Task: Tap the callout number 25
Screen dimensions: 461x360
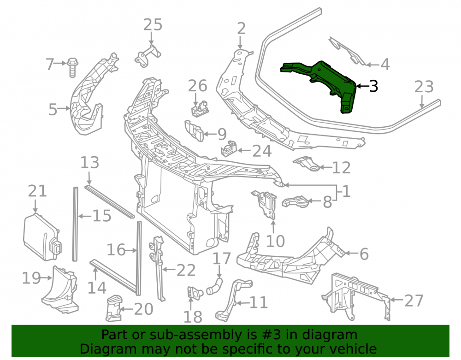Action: click(153, 25)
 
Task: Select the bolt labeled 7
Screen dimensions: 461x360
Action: click(72, 68)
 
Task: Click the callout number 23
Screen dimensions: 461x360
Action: click(424, 87)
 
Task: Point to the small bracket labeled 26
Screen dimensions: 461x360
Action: click(200, 109)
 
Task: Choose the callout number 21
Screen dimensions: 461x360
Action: click(37, 191)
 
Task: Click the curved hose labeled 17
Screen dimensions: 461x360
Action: click(215, 287)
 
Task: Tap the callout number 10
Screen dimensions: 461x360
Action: click(275, 241)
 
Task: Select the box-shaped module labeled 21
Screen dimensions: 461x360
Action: click(42, 237)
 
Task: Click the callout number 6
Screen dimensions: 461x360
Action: click(364, 254)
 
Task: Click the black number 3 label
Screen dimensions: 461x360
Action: click(373, 86)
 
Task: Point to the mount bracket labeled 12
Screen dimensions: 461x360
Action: click(307, 163)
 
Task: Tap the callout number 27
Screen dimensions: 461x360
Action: click(414, 301)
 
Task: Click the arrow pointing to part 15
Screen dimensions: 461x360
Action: click(85, 216)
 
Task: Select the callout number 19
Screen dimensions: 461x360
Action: click(31, 278)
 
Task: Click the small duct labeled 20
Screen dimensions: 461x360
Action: click(113, 308)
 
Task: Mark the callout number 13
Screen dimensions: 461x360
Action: click(90, 163)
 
